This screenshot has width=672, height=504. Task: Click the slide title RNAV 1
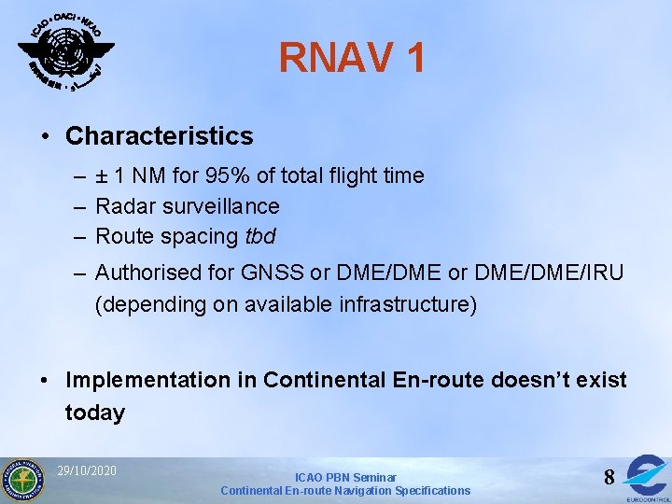point(352,58)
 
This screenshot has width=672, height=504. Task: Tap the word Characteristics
point(159,136)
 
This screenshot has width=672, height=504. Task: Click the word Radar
point(125,206)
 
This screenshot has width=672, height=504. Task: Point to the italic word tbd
point(260,236)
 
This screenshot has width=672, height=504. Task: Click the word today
point(94,413)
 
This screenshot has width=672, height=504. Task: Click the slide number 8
point(609,478)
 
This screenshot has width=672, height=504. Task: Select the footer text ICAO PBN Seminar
point(345,477)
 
